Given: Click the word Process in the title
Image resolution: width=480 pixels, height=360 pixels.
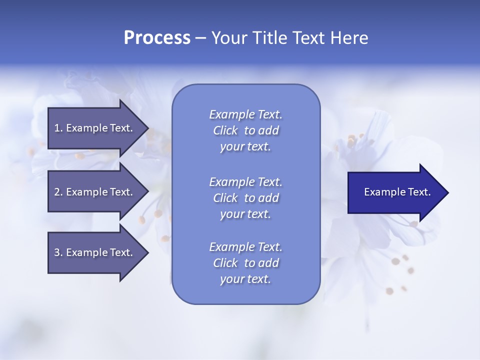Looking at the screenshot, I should point(157,38).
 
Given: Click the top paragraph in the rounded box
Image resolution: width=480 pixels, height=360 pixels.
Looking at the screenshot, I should point(245,130).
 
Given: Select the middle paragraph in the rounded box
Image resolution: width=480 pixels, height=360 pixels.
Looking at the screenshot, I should point(245,198).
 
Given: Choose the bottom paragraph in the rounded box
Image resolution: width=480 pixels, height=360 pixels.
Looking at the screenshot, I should point(245,263).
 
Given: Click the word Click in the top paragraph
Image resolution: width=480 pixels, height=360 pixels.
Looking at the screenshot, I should point(225,131).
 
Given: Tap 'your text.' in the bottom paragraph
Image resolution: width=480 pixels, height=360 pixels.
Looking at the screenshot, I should point(245,279).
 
